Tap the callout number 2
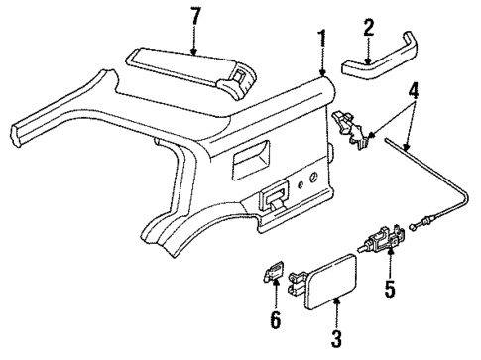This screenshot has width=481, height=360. point(367,26)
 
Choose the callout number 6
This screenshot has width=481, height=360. point(276,321)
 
